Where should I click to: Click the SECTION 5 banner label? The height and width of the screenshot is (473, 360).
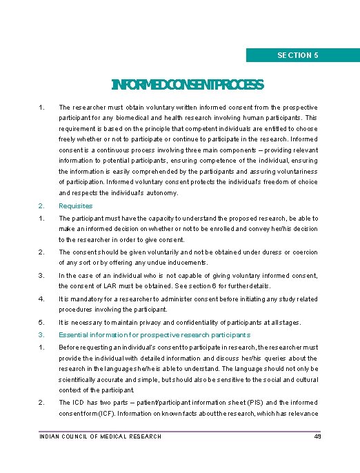(297, 55)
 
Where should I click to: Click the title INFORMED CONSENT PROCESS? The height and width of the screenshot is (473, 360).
(188, 85)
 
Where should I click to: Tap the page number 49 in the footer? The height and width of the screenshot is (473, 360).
(317, 436)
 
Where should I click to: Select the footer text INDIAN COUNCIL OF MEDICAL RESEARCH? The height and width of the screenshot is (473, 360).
(101, 436)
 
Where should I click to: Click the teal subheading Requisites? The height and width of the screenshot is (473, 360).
(75, 205)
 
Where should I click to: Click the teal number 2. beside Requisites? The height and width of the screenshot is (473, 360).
(42, 205)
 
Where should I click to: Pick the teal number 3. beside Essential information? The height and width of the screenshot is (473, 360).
(42, 334)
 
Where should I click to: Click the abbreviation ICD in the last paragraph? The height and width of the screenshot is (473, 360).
(77, 403)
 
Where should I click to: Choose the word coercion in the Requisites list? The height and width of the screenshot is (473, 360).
(301, 252)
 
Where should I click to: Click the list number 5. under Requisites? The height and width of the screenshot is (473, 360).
(42, 322)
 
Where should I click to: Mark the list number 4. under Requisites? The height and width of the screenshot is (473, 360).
(42, 299)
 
